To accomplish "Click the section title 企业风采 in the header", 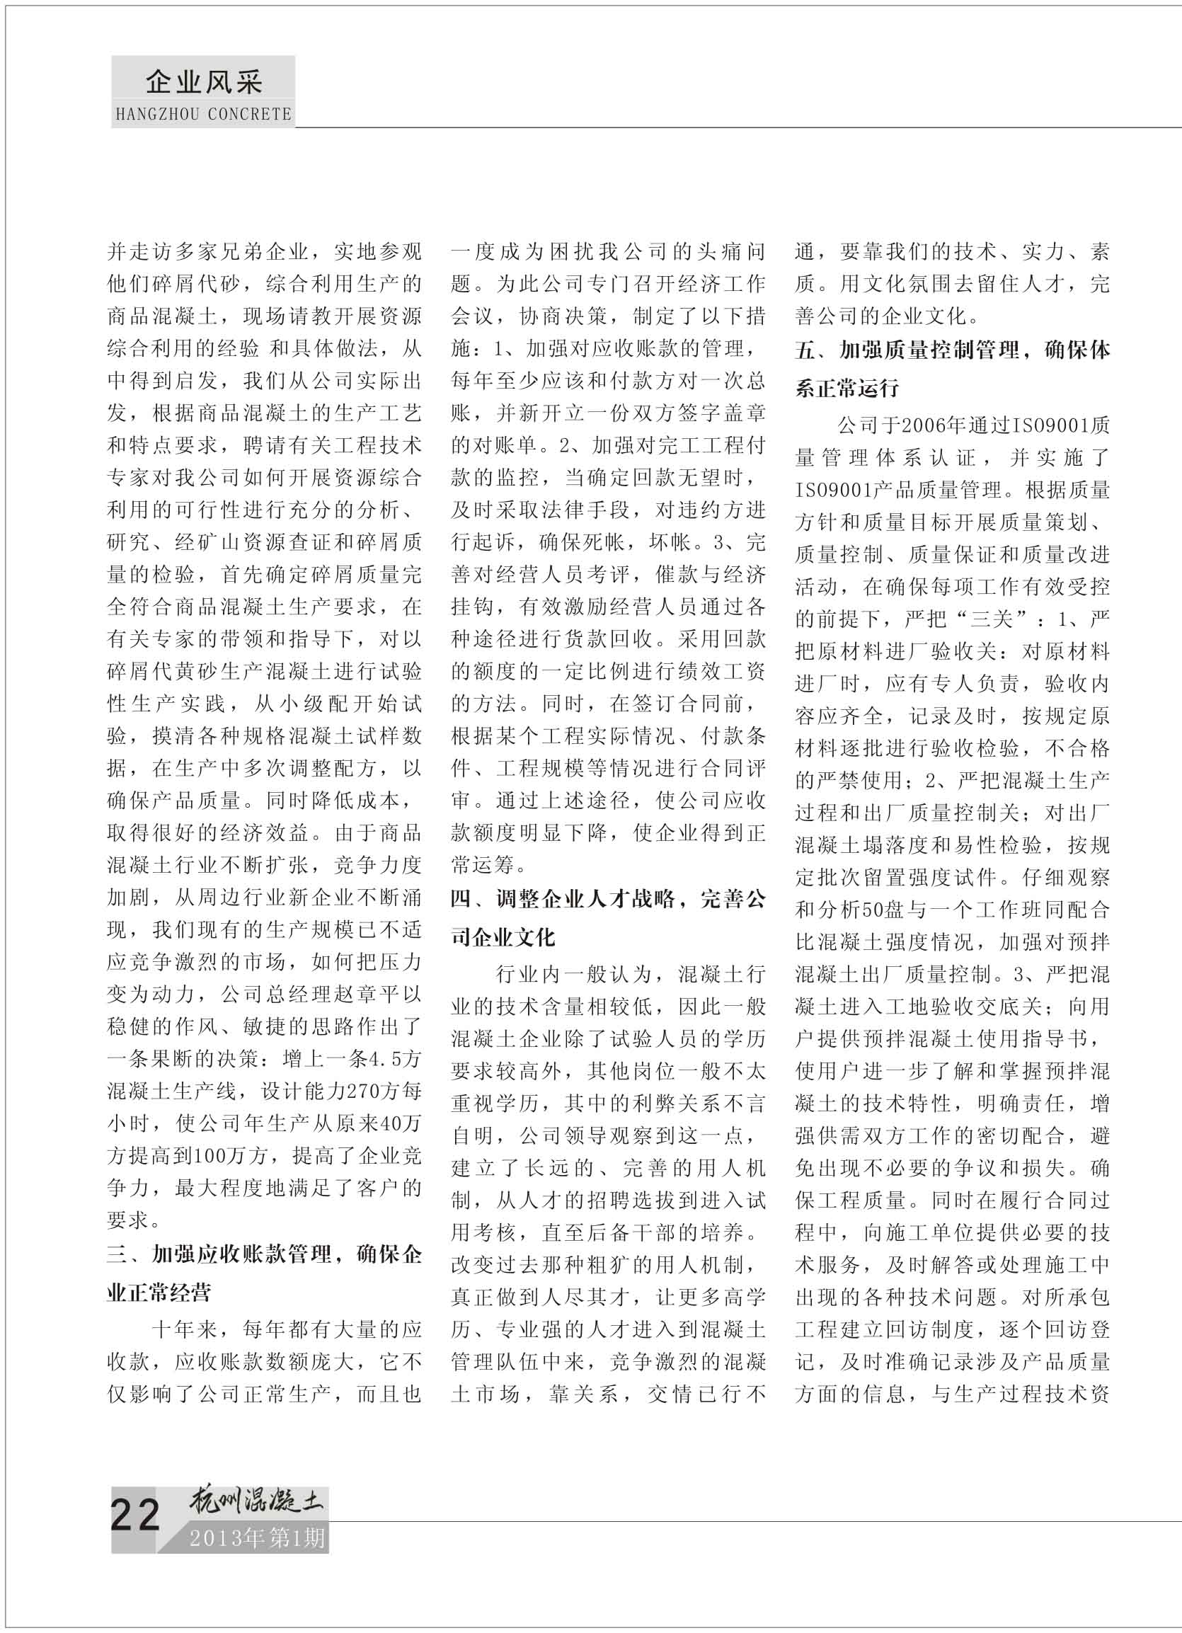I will tap(204, 83).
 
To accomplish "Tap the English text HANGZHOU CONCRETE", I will tap(204, 115).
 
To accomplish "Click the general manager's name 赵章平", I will tap(366, 995).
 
